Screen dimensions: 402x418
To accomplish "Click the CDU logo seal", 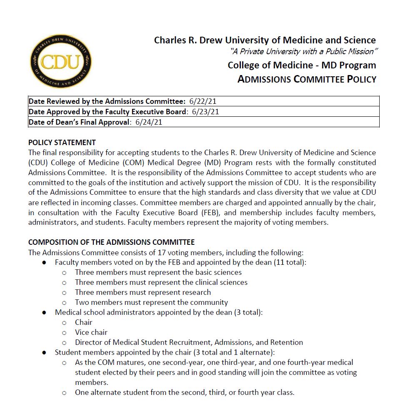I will [61, 61].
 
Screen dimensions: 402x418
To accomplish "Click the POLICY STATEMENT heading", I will [62, 142].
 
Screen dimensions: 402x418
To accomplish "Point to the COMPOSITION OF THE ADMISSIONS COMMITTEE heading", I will [111, 242].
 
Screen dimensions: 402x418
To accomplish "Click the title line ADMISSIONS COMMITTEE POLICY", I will [307, 79].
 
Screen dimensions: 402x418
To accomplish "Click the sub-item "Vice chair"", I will [91, 332].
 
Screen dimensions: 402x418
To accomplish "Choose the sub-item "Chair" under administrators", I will [84, 322].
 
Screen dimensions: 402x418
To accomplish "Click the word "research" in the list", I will [195, 292].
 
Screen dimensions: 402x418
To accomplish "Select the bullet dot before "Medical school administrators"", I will [44, 312].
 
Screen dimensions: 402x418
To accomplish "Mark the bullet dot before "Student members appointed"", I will [44, 352].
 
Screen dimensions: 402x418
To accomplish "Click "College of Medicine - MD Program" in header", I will [302, 65].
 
